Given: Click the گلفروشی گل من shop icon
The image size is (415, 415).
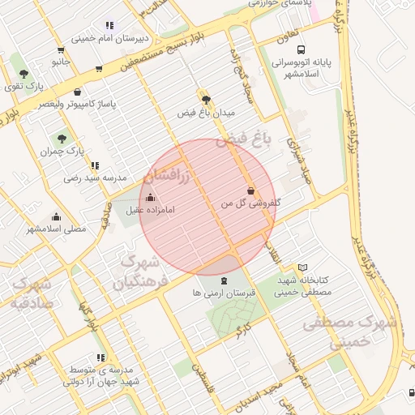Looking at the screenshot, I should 250,191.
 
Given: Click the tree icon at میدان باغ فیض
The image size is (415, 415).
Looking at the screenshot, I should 207,100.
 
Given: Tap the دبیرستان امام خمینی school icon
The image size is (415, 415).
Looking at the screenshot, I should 109,25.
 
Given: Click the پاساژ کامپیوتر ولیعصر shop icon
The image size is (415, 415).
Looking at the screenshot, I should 77,92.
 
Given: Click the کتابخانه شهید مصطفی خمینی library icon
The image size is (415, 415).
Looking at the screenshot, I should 302,267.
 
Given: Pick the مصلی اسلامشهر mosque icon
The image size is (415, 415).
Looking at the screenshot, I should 56,216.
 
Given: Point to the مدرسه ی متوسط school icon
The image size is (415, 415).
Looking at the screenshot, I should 101,357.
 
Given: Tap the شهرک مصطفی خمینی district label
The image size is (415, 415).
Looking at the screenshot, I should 351,332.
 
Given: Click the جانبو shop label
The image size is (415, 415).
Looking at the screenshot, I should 62,62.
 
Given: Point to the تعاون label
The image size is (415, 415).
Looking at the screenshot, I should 285,34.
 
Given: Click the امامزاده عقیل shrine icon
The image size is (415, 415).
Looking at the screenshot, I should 149,197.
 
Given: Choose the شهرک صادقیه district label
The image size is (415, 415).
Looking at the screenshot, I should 32,293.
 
